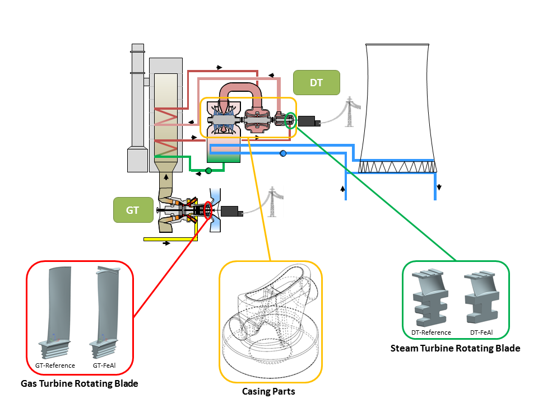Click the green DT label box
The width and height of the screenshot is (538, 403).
[x=316, y=82]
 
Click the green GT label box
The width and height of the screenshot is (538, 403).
[x=132, y=210]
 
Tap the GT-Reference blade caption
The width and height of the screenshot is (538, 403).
[x=51, y=365]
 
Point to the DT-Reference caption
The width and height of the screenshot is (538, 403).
[x=431, y=332]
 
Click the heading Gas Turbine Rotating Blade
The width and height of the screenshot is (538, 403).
[x=79, y=384]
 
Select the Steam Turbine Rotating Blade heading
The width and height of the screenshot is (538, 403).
[x=455, y=348]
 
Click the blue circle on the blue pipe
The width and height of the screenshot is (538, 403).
[x=283, y=153]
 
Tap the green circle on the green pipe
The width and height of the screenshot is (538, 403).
[x=208, y=170]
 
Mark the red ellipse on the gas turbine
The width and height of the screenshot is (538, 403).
[x=208, y=211]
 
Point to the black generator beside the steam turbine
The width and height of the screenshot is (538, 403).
[x=309, y=121]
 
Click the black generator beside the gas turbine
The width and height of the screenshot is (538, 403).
[x=231, y=212]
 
